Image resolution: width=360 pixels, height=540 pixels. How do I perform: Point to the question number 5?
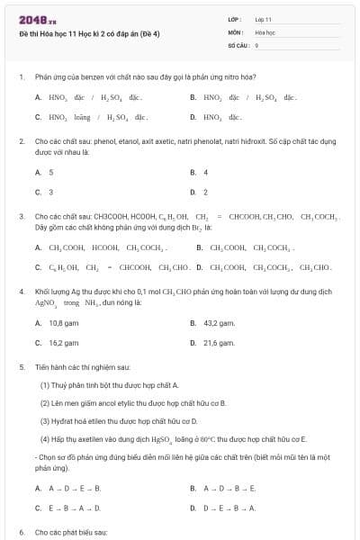pos(21,367)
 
